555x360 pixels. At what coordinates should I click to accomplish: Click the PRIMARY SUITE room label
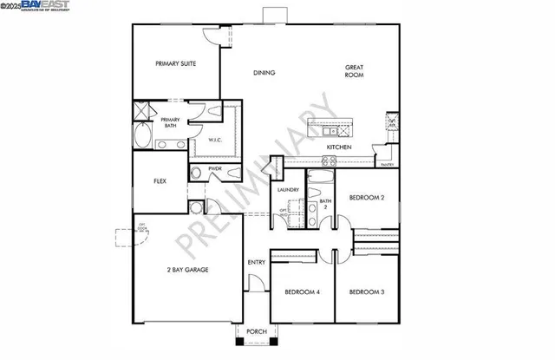tap(175, 63)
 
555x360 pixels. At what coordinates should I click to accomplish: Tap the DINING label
tap(264, 73)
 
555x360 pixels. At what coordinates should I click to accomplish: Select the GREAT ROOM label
tap(353, 71)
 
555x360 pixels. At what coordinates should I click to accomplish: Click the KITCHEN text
tap(338, 147)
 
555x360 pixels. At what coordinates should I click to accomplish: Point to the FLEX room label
tap(160, 181)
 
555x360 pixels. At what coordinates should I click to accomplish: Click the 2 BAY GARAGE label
tap(187, 270)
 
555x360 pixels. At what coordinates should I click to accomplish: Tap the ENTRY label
tap(257, 263)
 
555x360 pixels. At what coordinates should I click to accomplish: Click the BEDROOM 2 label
tap(366, 198)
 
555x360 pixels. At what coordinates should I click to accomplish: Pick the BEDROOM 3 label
tap(366, 292)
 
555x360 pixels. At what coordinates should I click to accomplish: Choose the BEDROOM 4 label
tap(303, 292)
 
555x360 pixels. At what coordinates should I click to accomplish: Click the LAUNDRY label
tap(288, 190)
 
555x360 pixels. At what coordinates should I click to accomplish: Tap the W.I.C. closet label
tap(216, 141)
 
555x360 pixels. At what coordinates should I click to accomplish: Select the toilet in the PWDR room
tap(197, 173)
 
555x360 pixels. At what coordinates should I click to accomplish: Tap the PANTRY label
tap(386, 163)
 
